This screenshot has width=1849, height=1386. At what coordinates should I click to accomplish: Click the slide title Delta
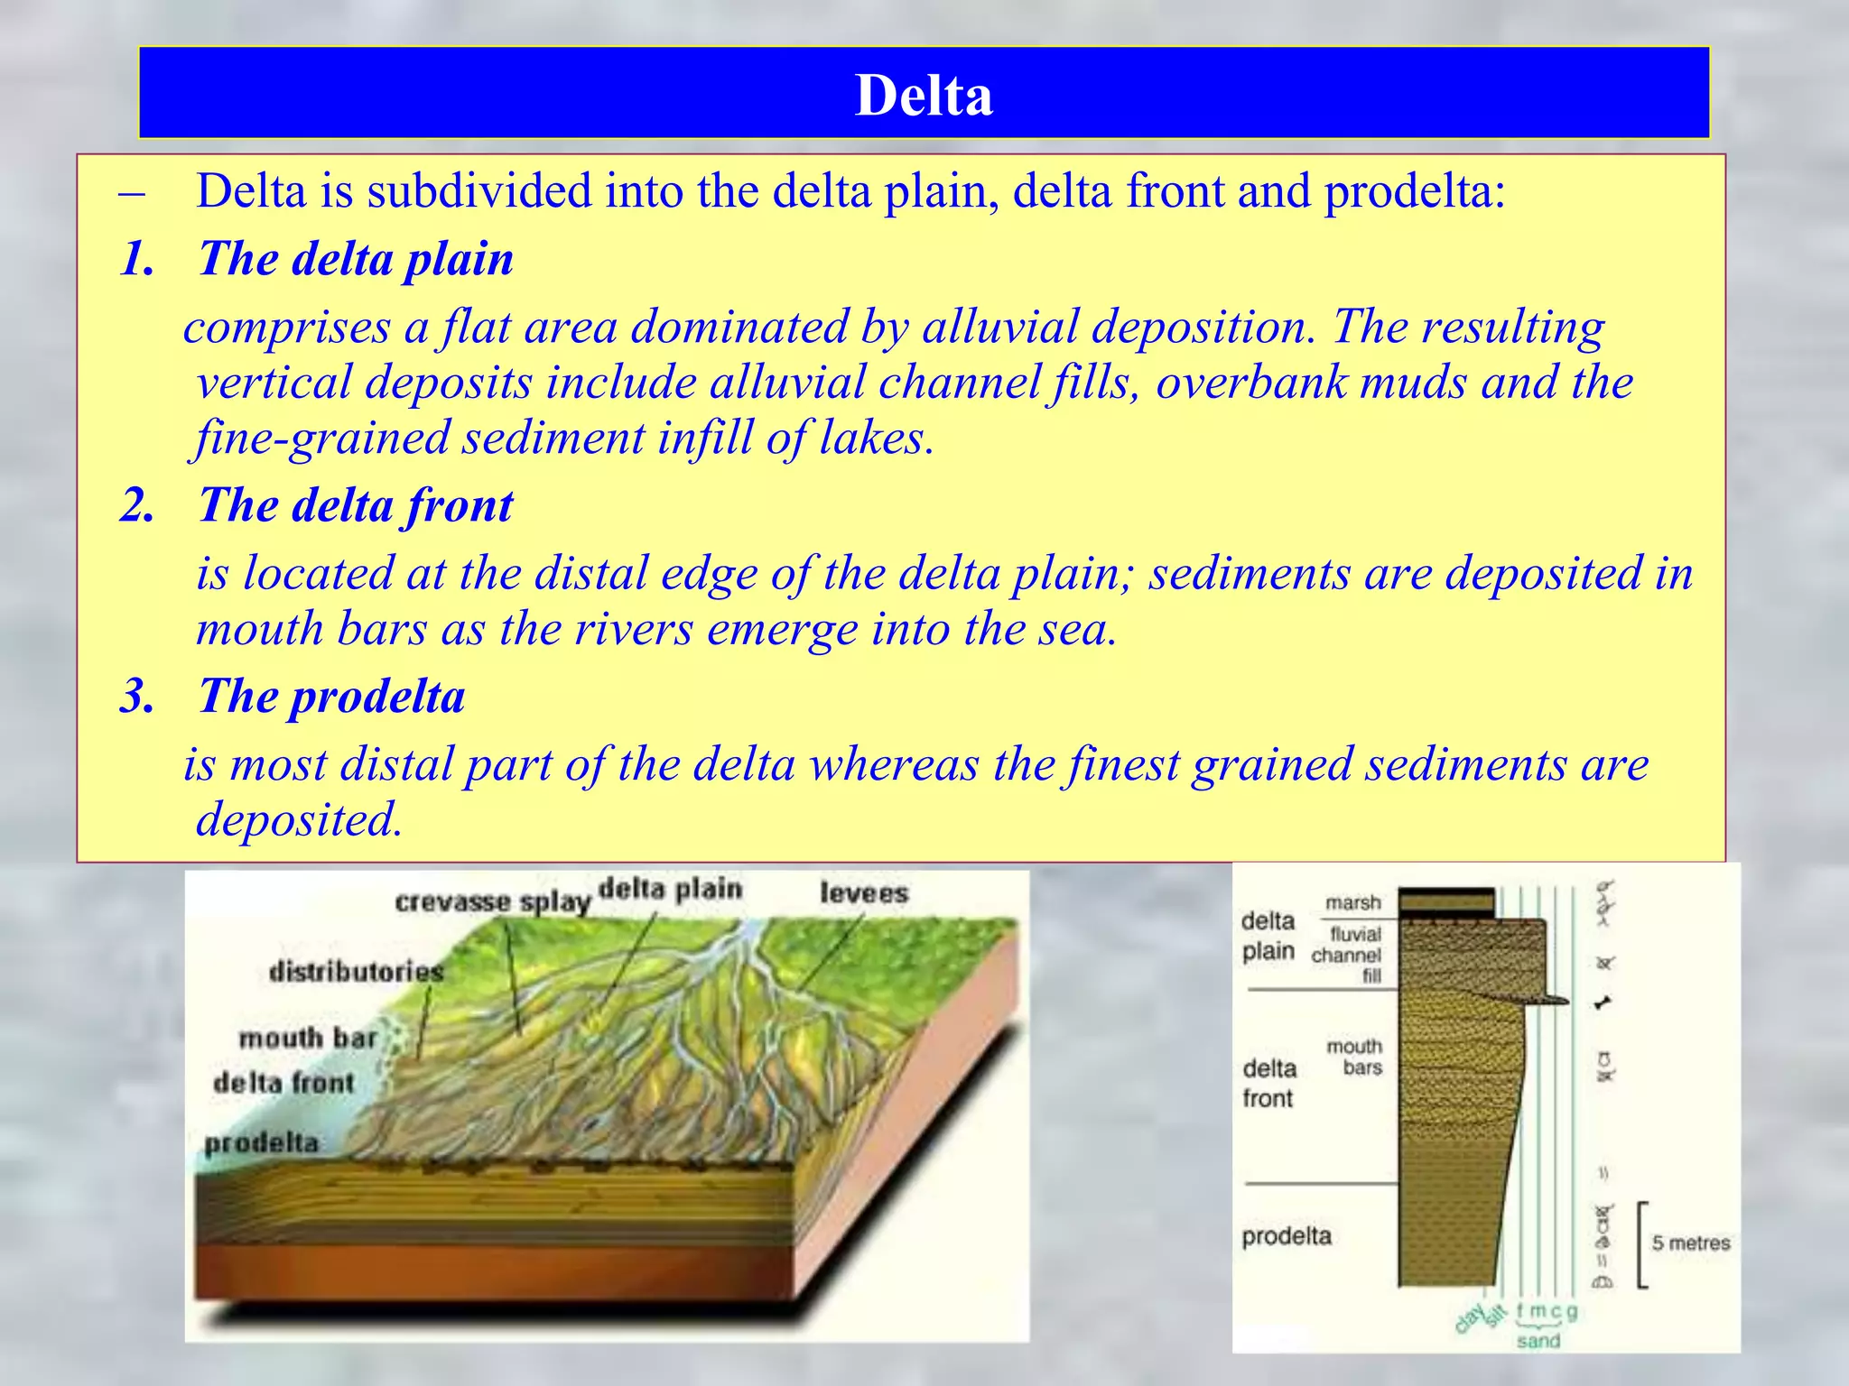point(924,95)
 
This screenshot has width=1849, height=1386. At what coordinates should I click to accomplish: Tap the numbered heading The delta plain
point(355,259)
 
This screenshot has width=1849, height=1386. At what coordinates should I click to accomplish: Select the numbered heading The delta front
point(355,505)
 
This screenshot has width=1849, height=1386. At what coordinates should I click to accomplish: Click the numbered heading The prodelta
point(331,697)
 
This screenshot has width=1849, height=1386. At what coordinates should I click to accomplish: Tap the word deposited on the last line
point(299,819)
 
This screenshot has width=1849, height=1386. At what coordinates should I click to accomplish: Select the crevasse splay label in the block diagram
point(492,901)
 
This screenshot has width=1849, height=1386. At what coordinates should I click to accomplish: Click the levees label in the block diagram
point(864,893)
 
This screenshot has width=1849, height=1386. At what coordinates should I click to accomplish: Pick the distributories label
point(357,972)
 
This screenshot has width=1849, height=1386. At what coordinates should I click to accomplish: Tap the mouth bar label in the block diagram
point(307,1039)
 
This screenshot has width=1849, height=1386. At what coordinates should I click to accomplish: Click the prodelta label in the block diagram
point(262,1143)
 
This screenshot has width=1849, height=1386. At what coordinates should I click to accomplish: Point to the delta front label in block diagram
point(283,1083)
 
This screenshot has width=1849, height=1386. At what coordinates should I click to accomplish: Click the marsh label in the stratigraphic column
point(1352,902)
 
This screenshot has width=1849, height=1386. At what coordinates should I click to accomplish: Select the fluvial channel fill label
point(1347,955)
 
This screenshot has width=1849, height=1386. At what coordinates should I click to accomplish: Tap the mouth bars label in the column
point(1354,1057)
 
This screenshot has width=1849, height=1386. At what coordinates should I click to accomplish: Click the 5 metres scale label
point(1690,1243)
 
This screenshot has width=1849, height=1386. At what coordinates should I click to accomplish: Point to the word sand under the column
point(1538,1341)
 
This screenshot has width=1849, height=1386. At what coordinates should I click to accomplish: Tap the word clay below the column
point(1469,1319)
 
